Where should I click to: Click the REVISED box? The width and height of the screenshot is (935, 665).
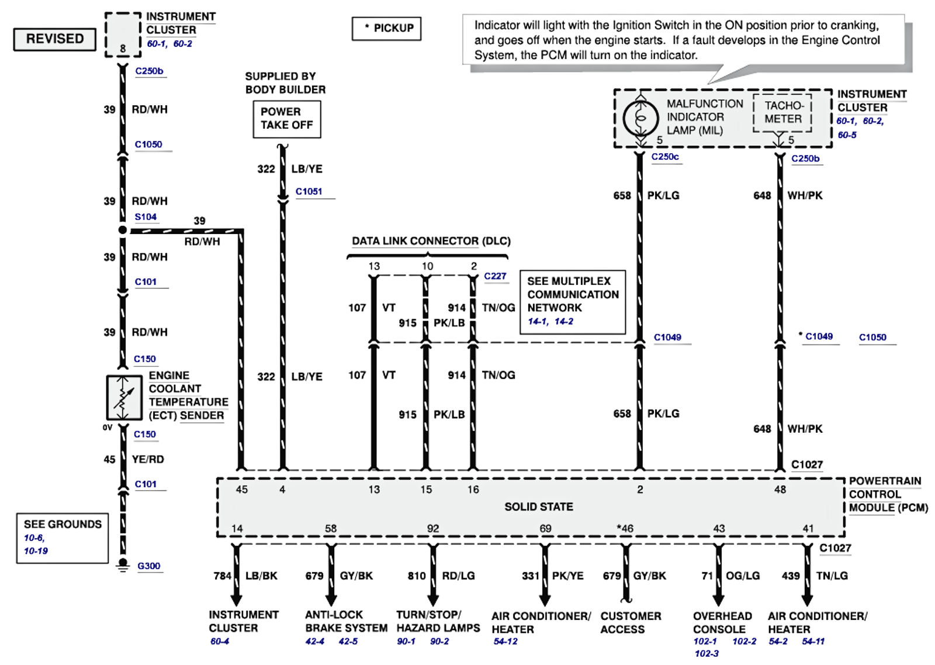55,39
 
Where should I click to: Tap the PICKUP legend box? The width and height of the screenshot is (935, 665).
386,28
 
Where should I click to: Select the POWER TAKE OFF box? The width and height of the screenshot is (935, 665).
286,119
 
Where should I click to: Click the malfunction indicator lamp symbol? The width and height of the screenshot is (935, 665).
640,118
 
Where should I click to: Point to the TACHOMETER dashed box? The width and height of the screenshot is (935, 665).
782,112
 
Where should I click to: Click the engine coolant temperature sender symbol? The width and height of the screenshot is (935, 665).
124,398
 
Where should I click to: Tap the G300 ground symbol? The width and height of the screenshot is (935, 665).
123,564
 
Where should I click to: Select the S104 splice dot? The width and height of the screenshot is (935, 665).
123,230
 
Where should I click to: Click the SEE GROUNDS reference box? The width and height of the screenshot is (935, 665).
62,537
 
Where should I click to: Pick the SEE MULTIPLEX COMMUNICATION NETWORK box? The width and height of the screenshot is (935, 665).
572,301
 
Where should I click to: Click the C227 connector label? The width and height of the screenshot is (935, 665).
495,276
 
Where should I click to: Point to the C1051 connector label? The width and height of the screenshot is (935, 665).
309,191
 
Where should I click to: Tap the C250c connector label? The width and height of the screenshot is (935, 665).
665,157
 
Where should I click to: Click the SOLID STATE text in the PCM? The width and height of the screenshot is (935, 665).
538,506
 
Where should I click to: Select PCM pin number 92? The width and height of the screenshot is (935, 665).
432,528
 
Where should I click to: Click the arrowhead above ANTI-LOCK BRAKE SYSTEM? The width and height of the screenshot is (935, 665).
331,599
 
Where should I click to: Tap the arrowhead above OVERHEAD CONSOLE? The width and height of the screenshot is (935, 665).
719,599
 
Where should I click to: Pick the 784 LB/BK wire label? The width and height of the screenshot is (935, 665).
245,576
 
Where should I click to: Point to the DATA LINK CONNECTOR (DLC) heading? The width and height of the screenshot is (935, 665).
431,241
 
